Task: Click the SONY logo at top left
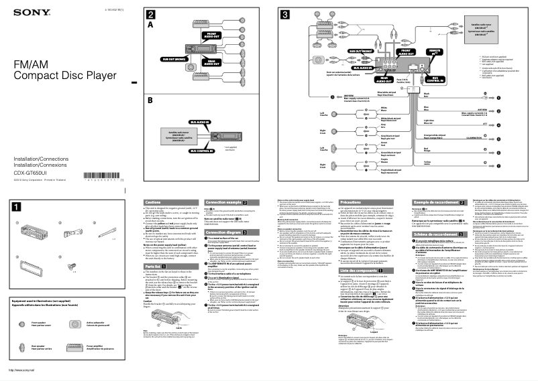click(22, 14)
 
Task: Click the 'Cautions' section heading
click(154, 202)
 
